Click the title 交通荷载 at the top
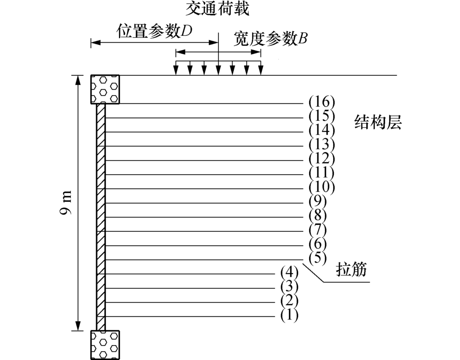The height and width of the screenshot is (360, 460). (218, 8)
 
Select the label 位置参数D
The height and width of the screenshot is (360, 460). (155, 31)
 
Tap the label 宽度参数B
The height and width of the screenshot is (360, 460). (270, 39)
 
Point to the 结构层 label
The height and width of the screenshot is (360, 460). (378, 122)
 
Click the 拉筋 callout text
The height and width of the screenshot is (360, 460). (351, 270)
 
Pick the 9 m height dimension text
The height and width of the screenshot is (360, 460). (67, 203)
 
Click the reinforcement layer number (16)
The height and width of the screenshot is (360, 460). (322, 102)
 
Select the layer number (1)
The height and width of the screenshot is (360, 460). (289, 315)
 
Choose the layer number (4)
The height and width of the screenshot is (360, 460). (289, 273)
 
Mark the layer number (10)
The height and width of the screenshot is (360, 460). (322, 187)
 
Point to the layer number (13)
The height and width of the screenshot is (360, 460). (322, 144)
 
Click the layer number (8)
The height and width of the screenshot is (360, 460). (318, 216)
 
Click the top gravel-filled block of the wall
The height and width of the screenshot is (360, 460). (105, 89)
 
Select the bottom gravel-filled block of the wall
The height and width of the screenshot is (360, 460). (105, 345)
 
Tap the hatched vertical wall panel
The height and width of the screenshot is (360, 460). (101, 217)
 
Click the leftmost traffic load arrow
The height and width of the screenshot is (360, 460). (176, 68)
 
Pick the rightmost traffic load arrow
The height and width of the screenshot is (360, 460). (261, 68)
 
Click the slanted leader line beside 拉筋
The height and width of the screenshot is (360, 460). (313, 273)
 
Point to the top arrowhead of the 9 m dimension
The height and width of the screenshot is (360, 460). (78, 80)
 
